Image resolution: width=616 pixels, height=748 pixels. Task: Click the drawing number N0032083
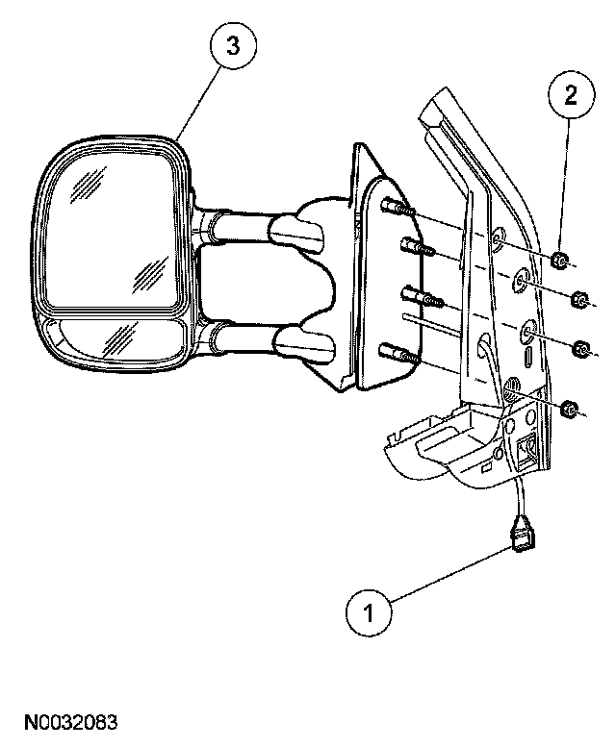[72, 720]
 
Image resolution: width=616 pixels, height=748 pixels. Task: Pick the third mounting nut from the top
[580, 348]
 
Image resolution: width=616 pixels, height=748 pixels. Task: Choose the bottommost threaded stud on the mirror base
[398, 353]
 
